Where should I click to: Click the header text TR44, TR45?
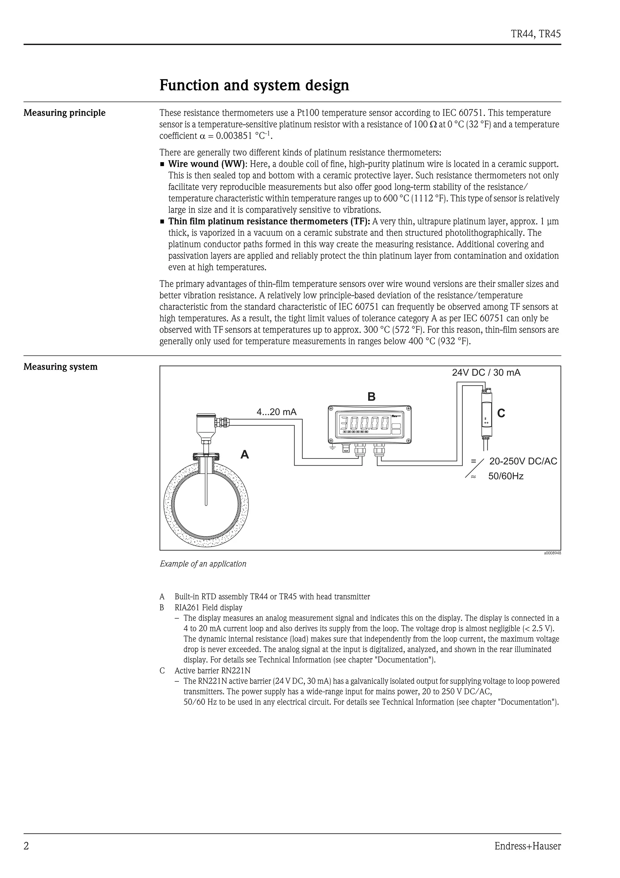pos(536,34)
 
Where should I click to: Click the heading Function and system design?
pos(254,85)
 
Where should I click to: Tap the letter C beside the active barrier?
pos(501,413)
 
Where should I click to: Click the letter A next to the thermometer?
pos(245,455)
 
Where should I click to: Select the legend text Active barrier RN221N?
pos(213,670)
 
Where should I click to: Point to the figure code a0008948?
pos(552,553)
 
